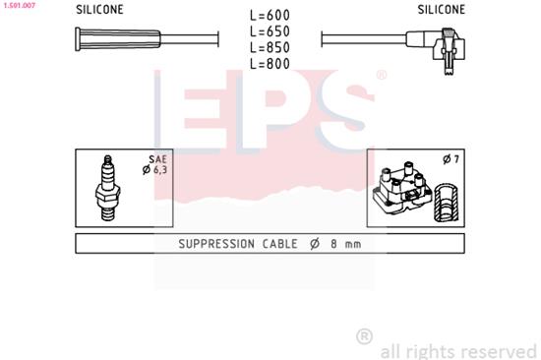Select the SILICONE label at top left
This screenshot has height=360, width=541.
[100, 9]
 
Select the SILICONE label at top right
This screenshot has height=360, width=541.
[441, 9]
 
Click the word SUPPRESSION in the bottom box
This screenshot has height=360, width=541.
[217, 243]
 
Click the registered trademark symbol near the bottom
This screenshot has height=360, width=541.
[364, 336]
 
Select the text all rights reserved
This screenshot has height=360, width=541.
[457, 349]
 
